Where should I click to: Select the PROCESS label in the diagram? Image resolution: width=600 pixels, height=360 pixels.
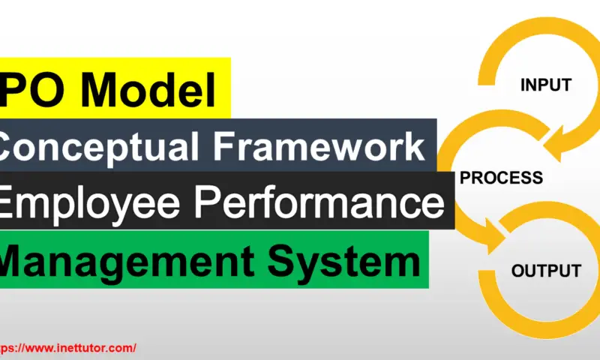click(x=501, y=178)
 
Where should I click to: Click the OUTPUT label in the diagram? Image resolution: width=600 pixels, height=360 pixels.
click(x=547, y=271)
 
